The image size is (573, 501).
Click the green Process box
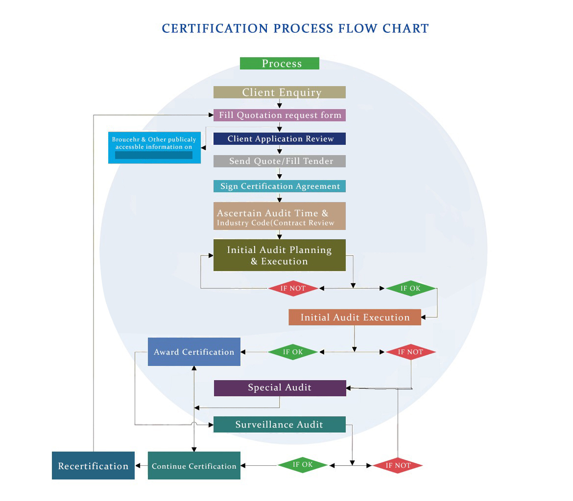[279, 64]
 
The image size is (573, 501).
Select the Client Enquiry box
[279, 92]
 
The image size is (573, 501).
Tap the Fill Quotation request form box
[279, 115]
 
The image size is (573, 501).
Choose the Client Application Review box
[279, 139]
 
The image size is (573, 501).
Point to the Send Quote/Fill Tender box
[279, 161]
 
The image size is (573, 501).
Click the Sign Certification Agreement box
[279, 186]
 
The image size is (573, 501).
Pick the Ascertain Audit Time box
[279, 216]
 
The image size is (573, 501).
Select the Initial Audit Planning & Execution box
[279, 255]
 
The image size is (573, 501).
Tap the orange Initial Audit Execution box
[355, 318]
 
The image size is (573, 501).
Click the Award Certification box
[194, 352]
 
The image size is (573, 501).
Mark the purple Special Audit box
[280, 388]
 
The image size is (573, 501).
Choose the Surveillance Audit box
[279, 425]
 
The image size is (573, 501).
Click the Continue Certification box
[194, 466]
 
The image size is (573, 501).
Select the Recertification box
[93, 466]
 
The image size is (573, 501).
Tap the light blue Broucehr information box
[154, 147]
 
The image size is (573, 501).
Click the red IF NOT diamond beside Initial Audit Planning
[293, 288]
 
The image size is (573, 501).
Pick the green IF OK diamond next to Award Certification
[293, 352]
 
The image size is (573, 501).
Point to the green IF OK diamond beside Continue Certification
[303, 465]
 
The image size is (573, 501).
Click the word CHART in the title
[406, 28]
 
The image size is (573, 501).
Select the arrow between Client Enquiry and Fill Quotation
[279, 104]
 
